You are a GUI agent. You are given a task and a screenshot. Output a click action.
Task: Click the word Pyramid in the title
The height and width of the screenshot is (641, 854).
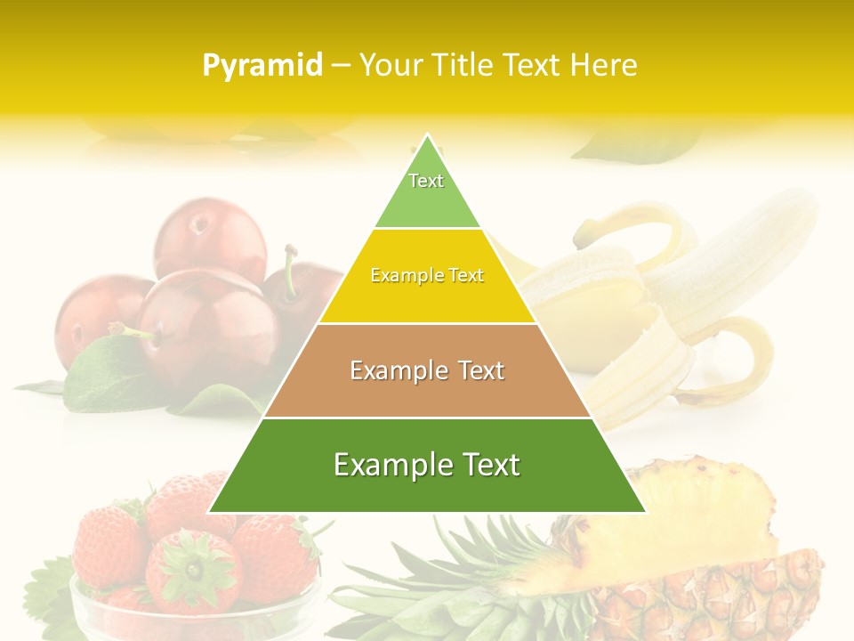(x=262, y=66)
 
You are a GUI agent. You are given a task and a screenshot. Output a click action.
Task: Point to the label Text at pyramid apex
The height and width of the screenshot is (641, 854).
(x=426, y=181)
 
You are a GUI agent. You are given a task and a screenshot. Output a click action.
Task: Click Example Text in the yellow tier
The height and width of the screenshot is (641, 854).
(x=427, y=276)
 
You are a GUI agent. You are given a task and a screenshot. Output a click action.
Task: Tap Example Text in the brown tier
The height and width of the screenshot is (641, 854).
(x=427, y=370)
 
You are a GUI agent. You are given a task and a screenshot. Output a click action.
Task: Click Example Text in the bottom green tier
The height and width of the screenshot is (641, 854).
(x=427, y=465)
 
